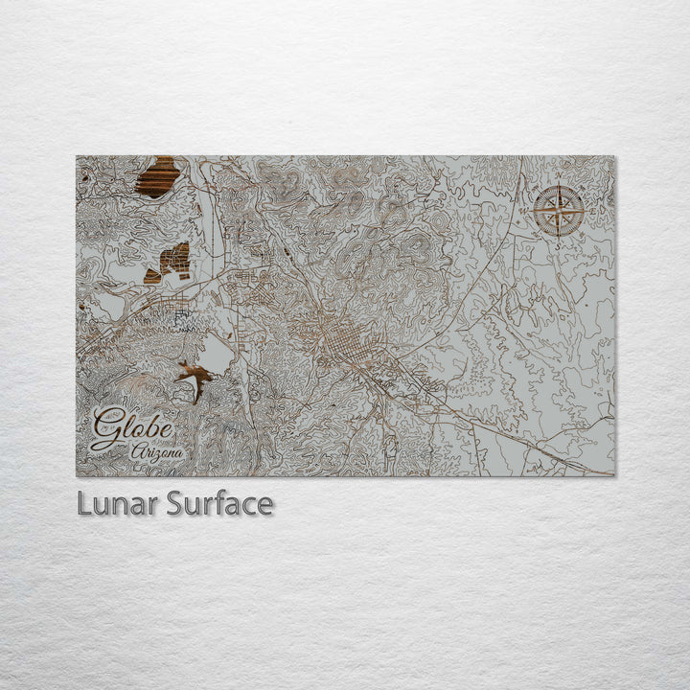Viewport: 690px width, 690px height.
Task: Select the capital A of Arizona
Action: pyautogui.click(x=137, y=451)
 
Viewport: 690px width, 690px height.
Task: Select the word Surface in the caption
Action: pyautogui.click(x=219, y=504)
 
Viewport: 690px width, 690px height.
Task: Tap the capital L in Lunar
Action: pyautogui.click(x=84, y=504)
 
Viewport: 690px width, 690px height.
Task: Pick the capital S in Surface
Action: pyautogui.click(x=174, y=504)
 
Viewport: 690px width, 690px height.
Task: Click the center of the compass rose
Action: pyautogui.click(x=559, y=211)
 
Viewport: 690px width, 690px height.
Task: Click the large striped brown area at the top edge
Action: pyautogui.click(x=158, y=177)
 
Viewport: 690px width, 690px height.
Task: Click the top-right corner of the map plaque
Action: pyautogui.click(x=615, y=157)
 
